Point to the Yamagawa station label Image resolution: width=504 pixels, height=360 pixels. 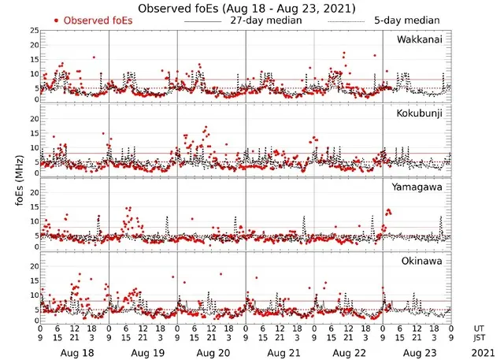421,187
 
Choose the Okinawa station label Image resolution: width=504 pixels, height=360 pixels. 424,260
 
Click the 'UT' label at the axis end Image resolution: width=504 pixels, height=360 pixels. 480,328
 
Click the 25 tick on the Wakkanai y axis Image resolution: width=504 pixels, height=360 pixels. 34,30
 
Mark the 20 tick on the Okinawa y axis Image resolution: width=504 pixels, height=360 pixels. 34,265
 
